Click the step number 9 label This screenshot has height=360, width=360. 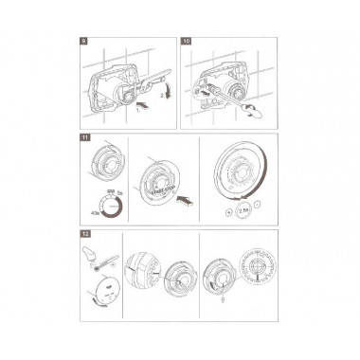(x=84, y=43)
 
